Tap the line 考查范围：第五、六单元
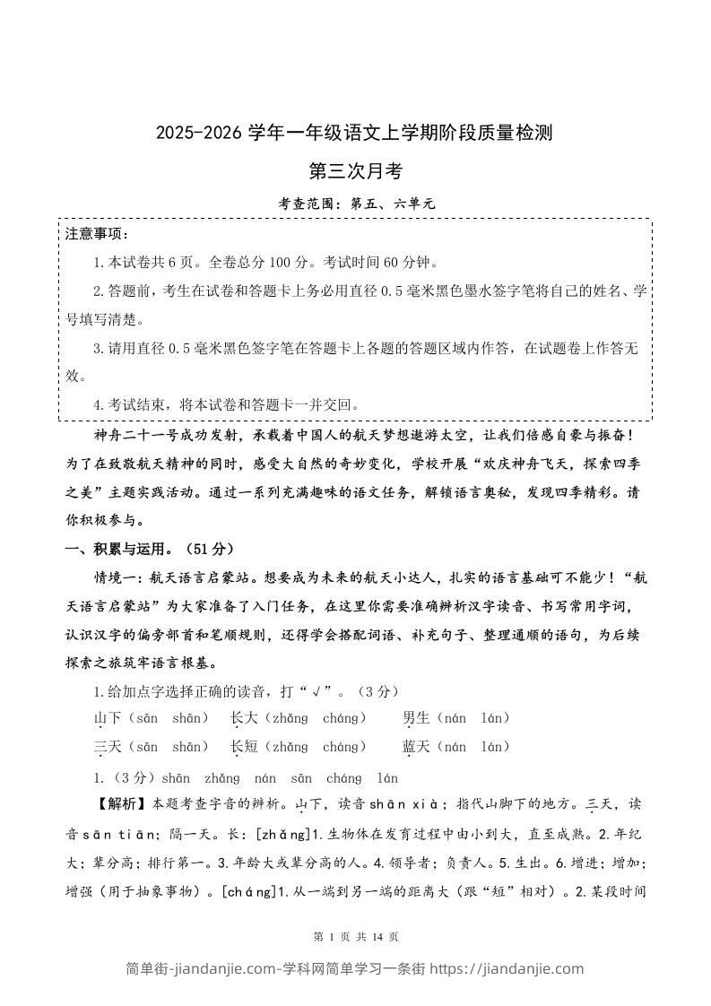pyautogui.click(x=356, y=204)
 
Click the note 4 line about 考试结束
pyautogui.click(x=229, y=404)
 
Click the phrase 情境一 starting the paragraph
pyautogui.click(x=117, y=578)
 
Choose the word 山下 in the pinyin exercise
pyautogui.click(x=108, y=718)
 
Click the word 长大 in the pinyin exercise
pyautogui.click(x=245, y=718)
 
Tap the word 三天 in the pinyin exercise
pyautogui.click(x=108, y=747)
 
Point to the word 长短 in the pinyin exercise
pyautogui.click(x=245, y=747)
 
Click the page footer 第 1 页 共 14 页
pyautogui.click(x=355, y=937)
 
